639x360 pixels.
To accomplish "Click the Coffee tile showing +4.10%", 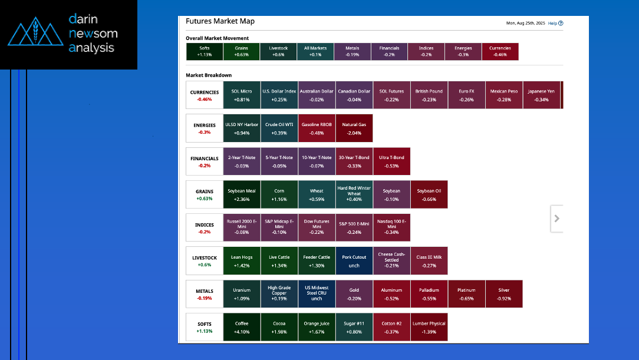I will click(242, 327).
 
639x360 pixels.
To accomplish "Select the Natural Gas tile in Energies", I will click(354, 128).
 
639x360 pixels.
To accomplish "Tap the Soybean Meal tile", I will click(242, 194).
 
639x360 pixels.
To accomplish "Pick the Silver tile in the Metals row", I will click(503, 293).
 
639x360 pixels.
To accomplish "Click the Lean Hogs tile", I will click(242, 260).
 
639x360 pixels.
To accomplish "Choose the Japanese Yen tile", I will click(541, 95).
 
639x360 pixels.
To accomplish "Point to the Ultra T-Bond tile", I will click(391, 161).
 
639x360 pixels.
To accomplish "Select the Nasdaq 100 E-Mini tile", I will click(391, 227).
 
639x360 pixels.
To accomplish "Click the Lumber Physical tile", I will click(429, 327).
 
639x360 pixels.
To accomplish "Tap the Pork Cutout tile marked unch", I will click(354, 260).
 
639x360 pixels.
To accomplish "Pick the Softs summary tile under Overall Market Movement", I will click(205, 51).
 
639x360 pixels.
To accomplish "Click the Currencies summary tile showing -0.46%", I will click(500, 51).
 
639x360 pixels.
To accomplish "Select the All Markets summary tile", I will click(315, 51).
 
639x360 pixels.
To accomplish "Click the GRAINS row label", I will click(205, 194).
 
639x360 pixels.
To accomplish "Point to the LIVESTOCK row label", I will click(205, 260).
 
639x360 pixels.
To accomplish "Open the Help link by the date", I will click(555, 24).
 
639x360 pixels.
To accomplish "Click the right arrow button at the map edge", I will click(557, 219).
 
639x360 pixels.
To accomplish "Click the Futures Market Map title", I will click(220, 21).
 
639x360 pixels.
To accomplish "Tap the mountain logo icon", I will click(35, 34).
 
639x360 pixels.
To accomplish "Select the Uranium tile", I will click(242, 293).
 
